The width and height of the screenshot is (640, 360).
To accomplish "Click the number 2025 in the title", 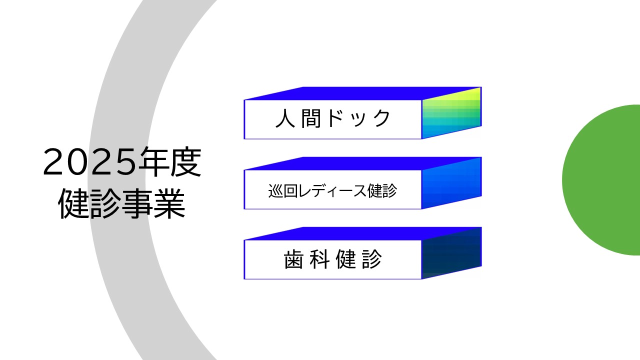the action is click(x=89, y=162).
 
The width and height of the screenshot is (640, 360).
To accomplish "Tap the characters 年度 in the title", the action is click(x=168, y=161).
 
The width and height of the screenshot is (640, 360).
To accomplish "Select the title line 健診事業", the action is click(x=122, y=203).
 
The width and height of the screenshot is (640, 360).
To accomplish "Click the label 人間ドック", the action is click(x=333, y=118).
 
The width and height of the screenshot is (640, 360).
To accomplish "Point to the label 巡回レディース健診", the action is click(x=332, y=191).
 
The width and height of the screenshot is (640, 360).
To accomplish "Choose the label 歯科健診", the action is click(x=333, y=259).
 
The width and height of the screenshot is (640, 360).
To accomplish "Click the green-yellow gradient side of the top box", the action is click(x=451, y=113).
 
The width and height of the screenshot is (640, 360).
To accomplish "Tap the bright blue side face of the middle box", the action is click(x=451, y=183).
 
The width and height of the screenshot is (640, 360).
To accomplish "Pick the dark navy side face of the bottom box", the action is click(x=451, y=253).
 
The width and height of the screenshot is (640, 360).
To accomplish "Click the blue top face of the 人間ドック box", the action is click(x=363, y=93).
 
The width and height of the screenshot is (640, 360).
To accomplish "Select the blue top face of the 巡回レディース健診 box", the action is click(x=363, y=163).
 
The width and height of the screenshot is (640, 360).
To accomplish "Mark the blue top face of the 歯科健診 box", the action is click(x=363, y=233).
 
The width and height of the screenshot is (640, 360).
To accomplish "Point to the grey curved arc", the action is click(x=117, y=180).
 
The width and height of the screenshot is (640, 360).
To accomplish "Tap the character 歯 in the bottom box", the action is click(x=293, y=259).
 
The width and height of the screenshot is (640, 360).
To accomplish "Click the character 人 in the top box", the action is click(x=285, y=118).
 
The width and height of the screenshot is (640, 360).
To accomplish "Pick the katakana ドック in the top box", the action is click(x=358, y=118).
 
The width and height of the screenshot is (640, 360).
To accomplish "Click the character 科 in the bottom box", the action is click(x=319, y=259).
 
